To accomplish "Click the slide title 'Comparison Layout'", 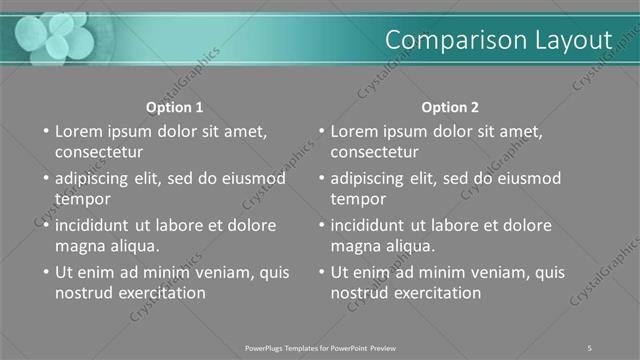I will coord(498,40).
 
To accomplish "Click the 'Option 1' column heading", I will coord(174,107).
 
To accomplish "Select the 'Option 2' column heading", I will coord(450,107).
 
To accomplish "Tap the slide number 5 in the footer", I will coord(590,347).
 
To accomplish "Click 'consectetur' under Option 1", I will coord(99,152).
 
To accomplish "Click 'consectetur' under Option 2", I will coord(375,152).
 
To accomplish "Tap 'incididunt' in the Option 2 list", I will coord(368,225).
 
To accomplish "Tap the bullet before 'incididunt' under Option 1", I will coord(44,226).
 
